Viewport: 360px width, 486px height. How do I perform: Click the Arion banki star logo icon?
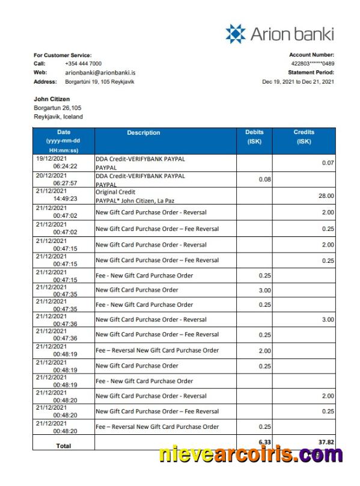click(236, 34)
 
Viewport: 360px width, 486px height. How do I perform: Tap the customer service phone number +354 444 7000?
click(83, 64)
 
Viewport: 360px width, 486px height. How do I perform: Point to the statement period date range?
click(297, 82)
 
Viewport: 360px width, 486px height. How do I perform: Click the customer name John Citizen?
click(52, 99)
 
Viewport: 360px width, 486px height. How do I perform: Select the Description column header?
click(144, 133)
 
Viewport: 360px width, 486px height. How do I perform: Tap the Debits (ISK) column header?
click(254, 137)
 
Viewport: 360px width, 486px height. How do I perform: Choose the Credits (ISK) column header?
click(304, 137)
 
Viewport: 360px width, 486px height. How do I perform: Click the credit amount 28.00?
click(326, 195)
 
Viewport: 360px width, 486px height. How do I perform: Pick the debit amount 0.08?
click(264, 179)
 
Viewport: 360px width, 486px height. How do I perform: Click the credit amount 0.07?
click(328, 163)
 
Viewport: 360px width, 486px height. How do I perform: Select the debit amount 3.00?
click(265, 291)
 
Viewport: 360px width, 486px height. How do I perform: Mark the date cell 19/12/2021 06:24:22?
click(63, 162)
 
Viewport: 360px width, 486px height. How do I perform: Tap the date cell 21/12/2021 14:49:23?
click(63, 195)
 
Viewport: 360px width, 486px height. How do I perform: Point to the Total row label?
click(63, 446)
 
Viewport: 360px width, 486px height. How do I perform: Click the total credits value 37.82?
click(326, 442)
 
